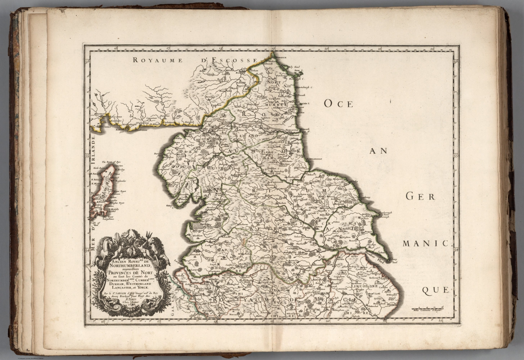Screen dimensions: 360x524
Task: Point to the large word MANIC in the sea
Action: pos(427,243)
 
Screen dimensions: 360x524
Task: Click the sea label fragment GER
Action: pos(420,196)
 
